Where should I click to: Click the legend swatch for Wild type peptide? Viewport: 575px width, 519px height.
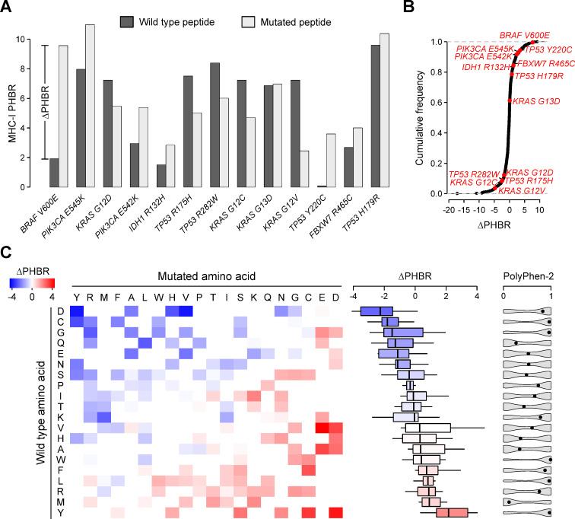point(127,22)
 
